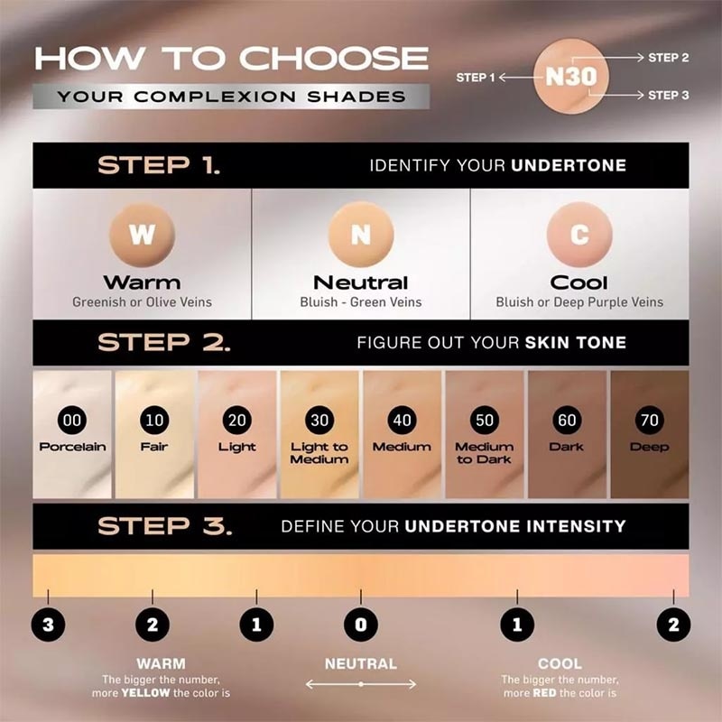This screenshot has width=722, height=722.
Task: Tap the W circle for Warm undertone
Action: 142,235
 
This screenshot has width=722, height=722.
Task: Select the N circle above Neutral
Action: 360,235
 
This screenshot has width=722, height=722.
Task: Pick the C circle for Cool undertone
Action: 579,235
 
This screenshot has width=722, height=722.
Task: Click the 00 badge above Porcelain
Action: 71,421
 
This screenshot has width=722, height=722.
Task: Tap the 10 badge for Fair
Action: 154,421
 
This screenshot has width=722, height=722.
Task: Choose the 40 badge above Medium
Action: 402,421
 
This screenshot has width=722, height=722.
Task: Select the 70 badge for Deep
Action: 650,421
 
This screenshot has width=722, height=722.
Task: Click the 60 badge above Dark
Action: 567,421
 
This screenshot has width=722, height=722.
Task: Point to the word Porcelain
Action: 72,447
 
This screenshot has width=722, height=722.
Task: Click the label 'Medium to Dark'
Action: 485,453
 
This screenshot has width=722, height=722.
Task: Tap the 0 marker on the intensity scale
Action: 360,624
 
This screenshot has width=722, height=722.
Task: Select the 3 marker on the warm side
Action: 47,624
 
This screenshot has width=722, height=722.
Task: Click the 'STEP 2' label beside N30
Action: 669,58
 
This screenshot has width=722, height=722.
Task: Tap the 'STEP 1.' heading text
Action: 158,166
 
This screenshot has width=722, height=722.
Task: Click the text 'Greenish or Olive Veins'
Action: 142,302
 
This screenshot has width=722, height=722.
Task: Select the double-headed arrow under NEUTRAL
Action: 360,685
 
